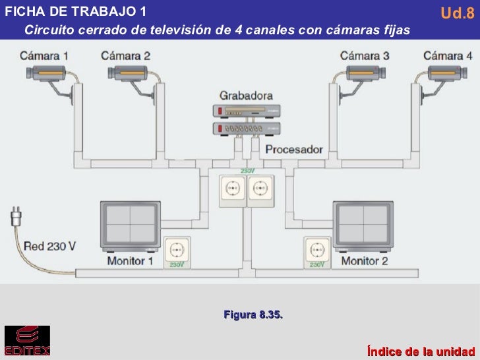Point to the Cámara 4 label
448,56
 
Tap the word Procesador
294,150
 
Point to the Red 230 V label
50,247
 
